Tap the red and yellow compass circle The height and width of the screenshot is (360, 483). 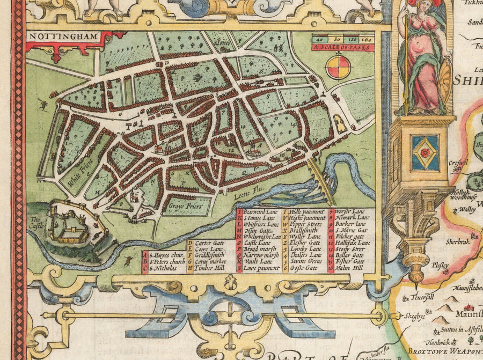tap(339, 67)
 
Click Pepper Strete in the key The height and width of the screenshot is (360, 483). tap(306, 224)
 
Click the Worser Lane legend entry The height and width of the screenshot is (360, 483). tap(352, 212)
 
